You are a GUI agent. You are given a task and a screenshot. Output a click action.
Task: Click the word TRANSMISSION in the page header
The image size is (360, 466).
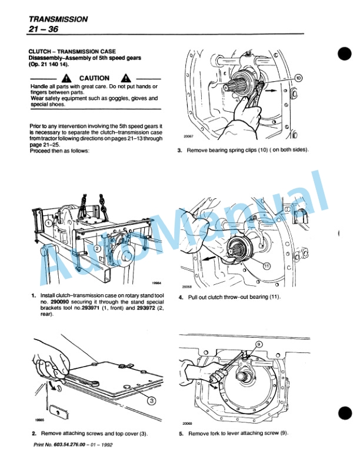[x=58, y=19]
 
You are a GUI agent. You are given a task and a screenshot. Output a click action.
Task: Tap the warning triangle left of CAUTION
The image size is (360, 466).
[x=69, y=78]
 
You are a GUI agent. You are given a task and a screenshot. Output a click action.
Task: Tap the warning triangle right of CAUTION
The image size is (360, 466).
[x=125, y=78]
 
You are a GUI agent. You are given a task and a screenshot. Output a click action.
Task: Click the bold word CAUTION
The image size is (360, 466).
[x=94, y=78]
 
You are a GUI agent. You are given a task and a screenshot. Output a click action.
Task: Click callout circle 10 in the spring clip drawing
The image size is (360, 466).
[x=298, y=78]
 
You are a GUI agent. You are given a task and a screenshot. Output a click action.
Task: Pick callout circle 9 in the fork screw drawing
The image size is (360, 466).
[x=258, y=345]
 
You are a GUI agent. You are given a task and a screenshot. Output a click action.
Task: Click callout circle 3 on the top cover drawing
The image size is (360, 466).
[x=151, y=400]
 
